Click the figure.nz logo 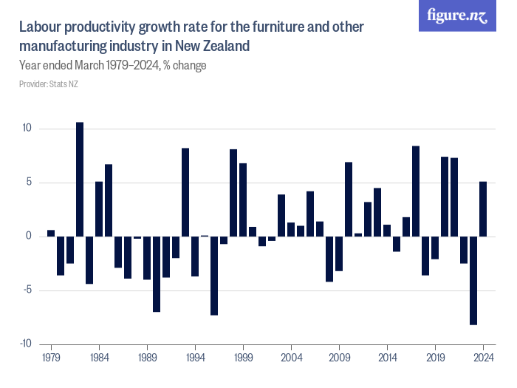coord(457,16)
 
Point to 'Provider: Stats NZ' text coord(49,84)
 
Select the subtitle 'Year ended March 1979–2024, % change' coord(112,65)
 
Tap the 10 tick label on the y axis coord(27,129)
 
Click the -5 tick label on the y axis coord(27,290)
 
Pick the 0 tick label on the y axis coord(30,236)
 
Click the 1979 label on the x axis coord(51,357)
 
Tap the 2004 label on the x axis coord(291,357)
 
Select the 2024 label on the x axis coord(483,357)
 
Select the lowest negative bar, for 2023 coord(473,280)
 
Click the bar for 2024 coord(483,209)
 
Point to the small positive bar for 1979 coord(51,234)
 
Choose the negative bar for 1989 coord(147,258)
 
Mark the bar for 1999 coord(243,200)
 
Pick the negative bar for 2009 coord(339,253)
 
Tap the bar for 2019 coord(435,248)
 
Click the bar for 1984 coord(99,209)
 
